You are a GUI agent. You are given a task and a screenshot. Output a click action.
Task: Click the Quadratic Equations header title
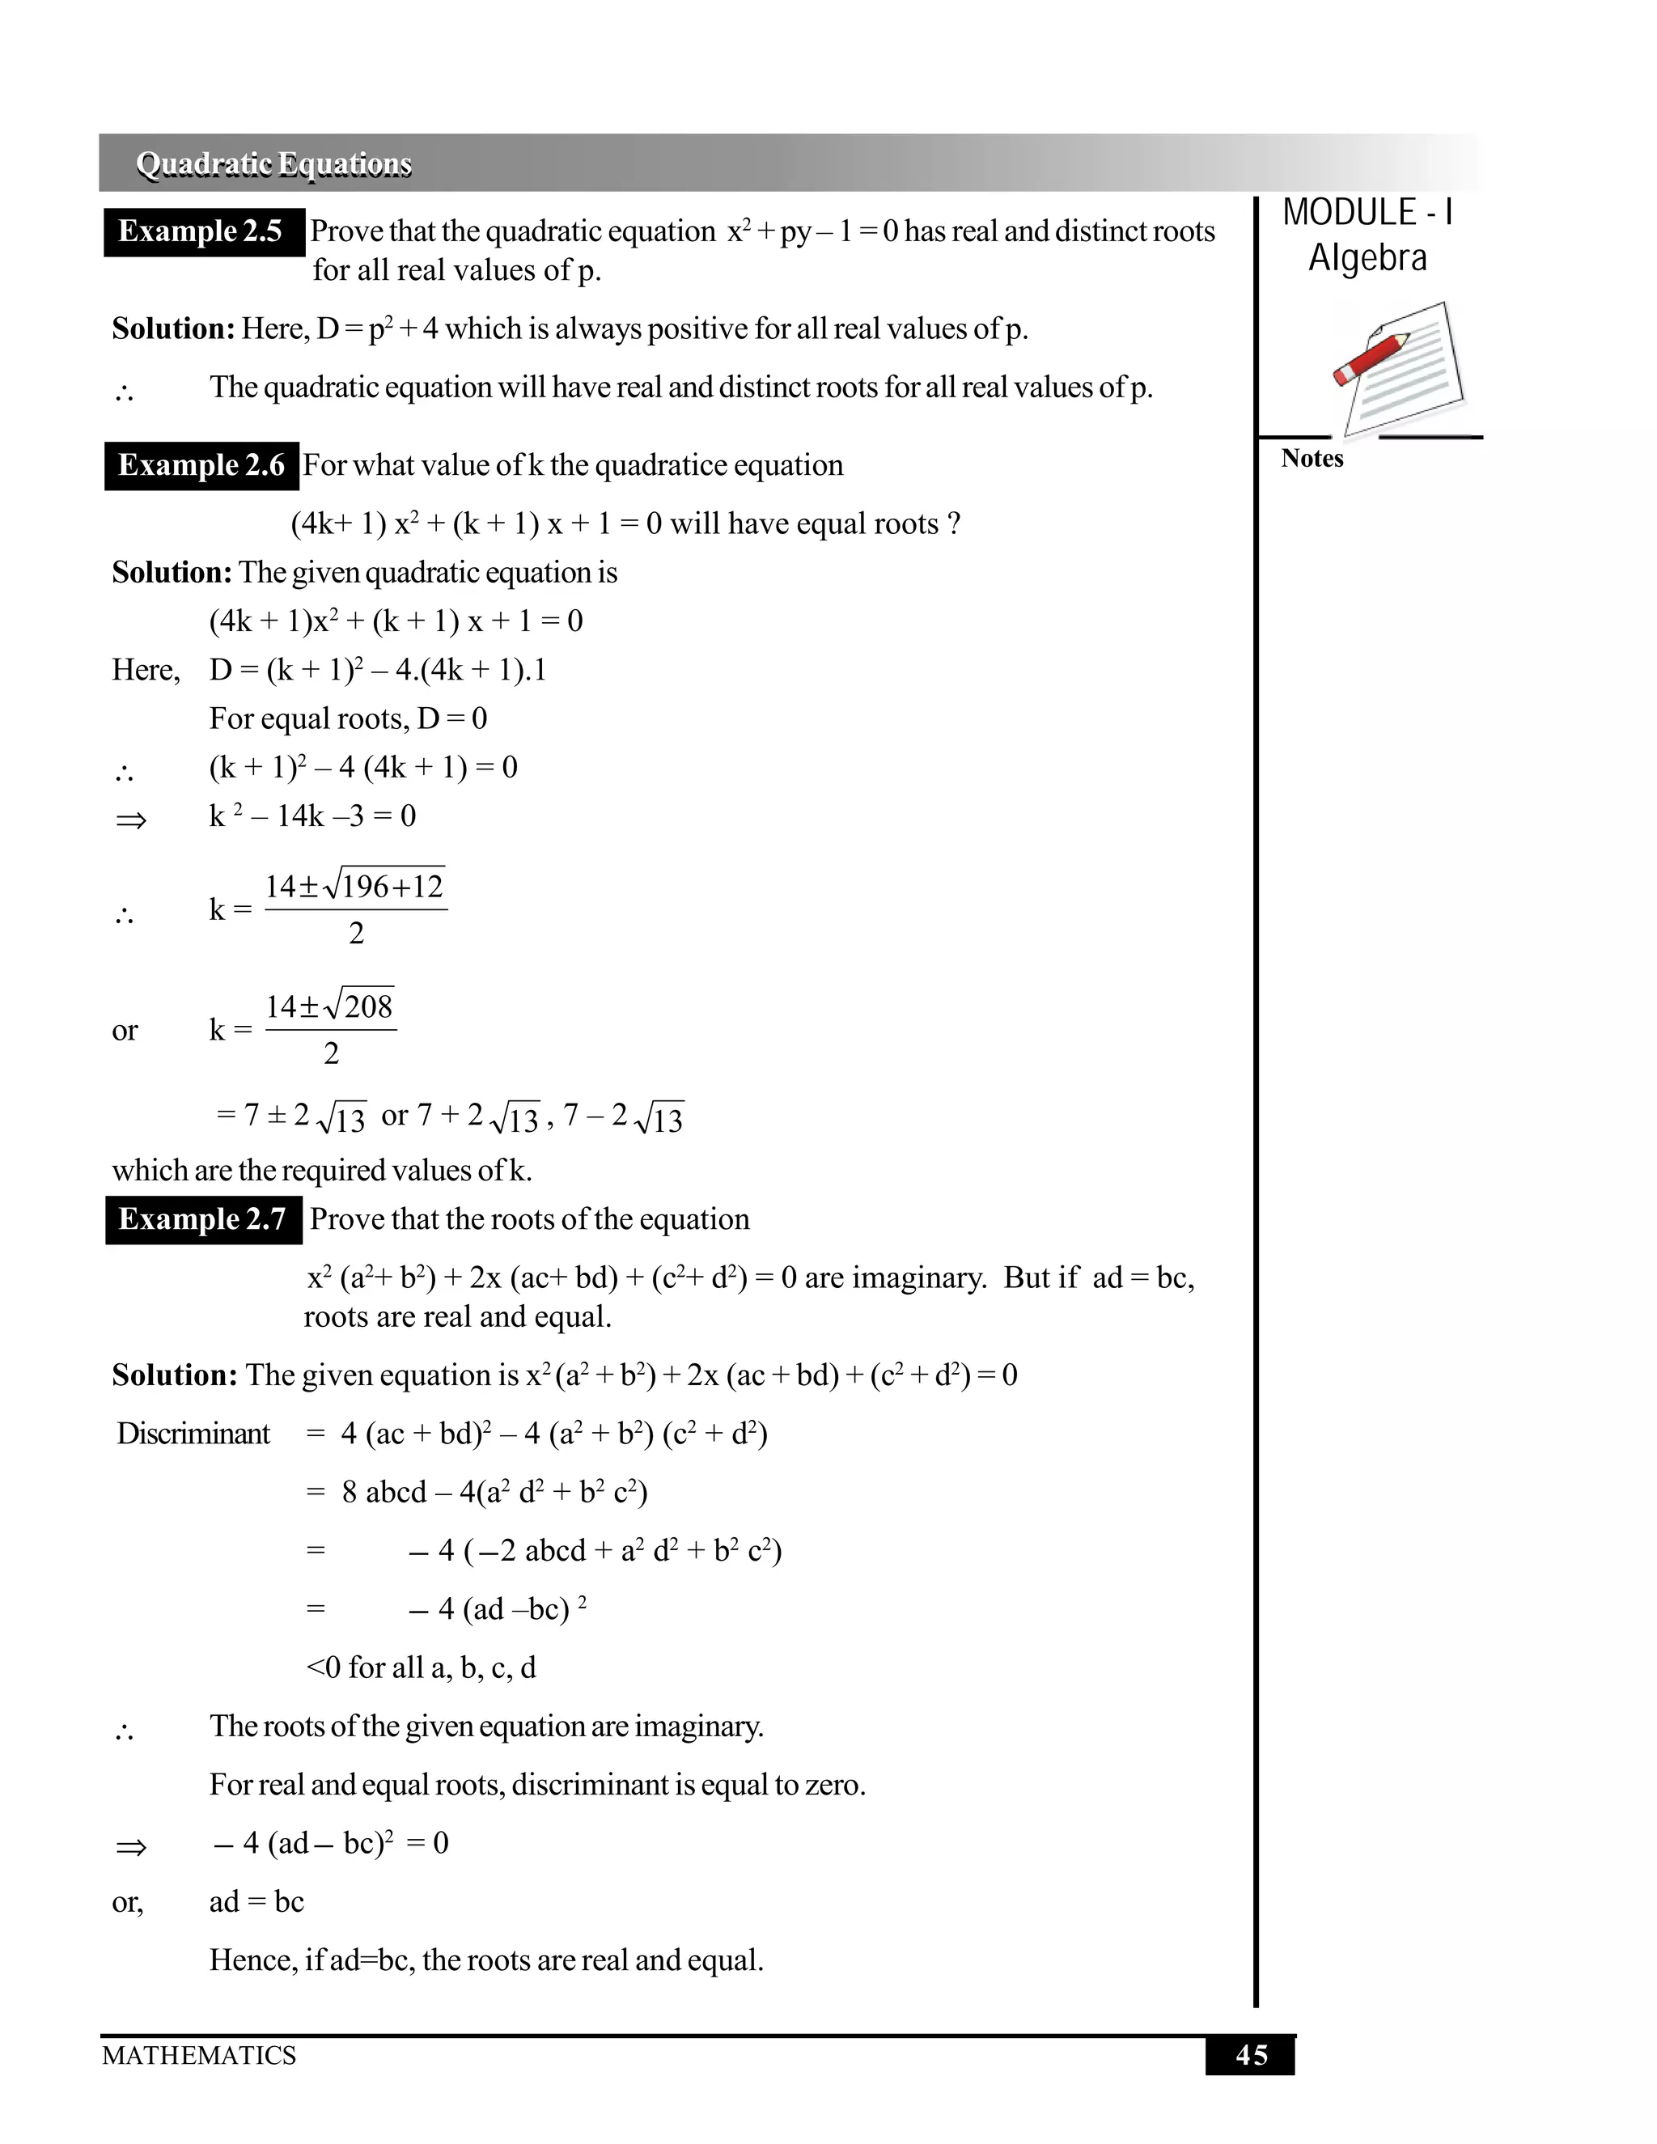[x=274, y=164]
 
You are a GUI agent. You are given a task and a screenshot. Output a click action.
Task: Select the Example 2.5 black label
[x=202, y=231]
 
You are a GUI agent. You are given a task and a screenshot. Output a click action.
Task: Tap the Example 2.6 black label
[x=201, y=465]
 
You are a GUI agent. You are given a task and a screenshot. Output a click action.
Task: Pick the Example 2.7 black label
[x=202, y=1219]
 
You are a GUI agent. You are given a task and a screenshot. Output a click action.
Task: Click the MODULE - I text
[x=1367, y=213]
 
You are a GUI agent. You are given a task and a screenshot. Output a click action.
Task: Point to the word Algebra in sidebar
[x=1367, y=258]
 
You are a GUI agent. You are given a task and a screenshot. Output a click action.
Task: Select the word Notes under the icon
[x=1312, y=459]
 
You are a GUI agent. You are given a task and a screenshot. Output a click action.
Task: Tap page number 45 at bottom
[x=1251, y=2055]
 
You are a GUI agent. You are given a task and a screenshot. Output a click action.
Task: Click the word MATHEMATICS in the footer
[x=199, y=2055]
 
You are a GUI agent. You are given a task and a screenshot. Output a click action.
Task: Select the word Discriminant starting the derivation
[x=193, y=1434]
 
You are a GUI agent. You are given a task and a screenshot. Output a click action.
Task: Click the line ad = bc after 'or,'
[x=256, y=1901]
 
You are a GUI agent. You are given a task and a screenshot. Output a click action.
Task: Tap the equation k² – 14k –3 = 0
[x=312, y=816]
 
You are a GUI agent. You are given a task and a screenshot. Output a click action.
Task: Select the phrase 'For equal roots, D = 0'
[x=347, y=718]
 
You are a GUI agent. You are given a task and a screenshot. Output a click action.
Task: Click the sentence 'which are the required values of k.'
[x=322, y=1170]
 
